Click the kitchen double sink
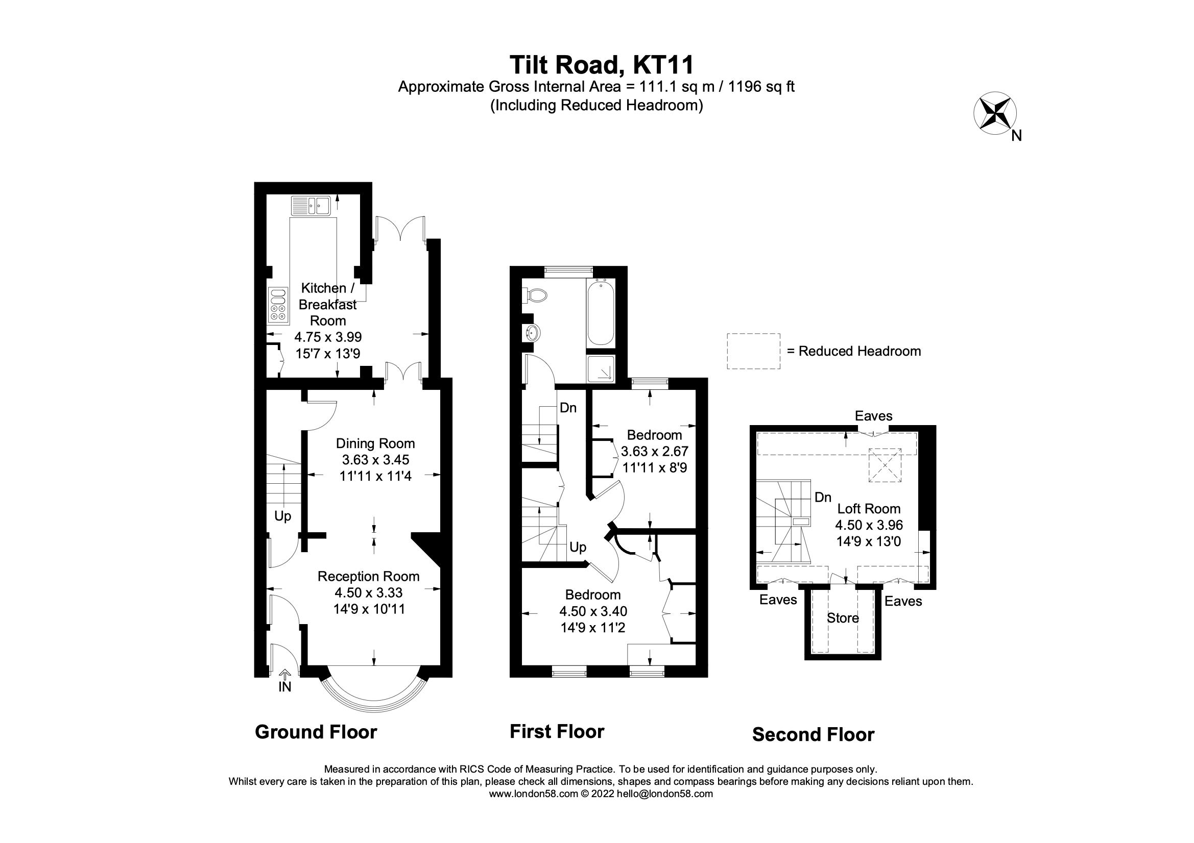[x=311, y=206]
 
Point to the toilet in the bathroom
[x=536, y=296]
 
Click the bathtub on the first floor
[x=601, y=312]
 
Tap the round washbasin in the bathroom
[x=533, y=332]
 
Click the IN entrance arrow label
[x=284, y=686]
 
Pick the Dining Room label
[x=375, y=443]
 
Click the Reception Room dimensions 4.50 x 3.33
[x=369, y=592]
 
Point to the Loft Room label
[x=869, y=509]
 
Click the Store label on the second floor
[x=843, y=618]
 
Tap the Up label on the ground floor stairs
[x=283, y=516]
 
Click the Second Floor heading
[x=813, y=734]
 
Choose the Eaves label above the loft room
[x=874, y=416]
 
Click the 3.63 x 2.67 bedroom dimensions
[x=654, y=451]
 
